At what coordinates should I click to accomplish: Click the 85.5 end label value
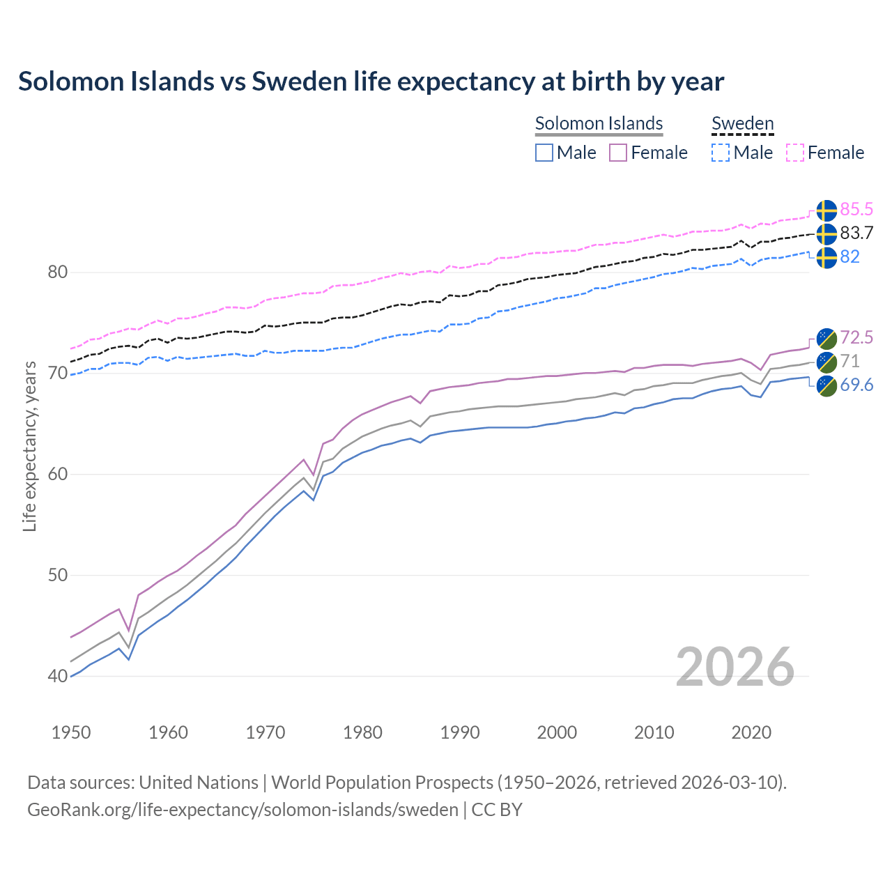856,209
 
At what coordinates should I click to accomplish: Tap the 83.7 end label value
856,233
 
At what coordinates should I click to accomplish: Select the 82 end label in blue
849,256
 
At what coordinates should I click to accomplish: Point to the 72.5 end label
856,338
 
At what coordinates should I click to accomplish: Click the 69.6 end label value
856,385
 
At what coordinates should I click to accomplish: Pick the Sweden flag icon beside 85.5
826,210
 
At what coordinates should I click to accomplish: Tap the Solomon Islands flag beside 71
826,362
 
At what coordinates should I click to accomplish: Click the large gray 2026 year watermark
735,667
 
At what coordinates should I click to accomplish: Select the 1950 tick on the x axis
71,732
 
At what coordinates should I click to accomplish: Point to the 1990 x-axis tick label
460,732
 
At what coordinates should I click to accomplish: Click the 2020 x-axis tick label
751,732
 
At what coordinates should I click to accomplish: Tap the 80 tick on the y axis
57,272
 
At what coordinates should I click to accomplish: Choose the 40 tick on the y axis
57,676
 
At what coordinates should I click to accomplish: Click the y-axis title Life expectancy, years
29,446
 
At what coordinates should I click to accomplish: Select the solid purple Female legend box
618,153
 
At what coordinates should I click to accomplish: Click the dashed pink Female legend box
795,153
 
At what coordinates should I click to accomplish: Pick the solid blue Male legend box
544,153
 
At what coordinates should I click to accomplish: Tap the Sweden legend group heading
742,123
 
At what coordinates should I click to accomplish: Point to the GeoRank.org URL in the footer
243,810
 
